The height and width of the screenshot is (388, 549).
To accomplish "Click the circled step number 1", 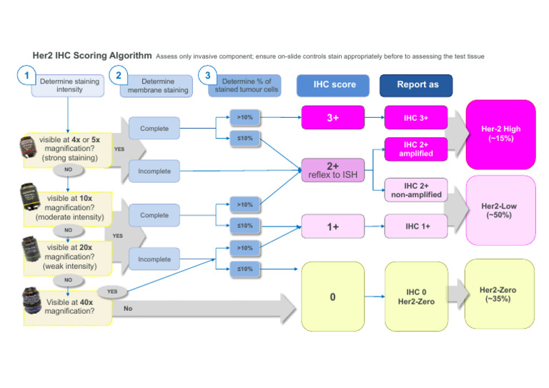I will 27,76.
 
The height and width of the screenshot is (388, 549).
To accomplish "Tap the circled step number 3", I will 207,75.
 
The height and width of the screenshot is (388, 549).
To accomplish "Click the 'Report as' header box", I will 416,85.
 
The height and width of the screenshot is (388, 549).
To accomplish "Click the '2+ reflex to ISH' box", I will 332,171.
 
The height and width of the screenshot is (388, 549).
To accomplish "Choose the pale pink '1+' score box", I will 332,226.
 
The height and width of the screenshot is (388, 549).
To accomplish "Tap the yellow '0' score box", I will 332,296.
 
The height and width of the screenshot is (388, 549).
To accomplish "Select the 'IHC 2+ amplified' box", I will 416,149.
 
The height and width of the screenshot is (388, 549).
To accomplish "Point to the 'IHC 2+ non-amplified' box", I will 416,189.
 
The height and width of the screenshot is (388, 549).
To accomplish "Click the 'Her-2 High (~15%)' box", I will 500,134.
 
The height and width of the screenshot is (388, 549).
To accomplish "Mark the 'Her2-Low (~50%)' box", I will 500,210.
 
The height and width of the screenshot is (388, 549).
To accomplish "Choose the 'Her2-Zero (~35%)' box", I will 500,292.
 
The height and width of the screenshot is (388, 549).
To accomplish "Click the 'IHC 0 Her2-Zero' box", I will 416,296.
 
